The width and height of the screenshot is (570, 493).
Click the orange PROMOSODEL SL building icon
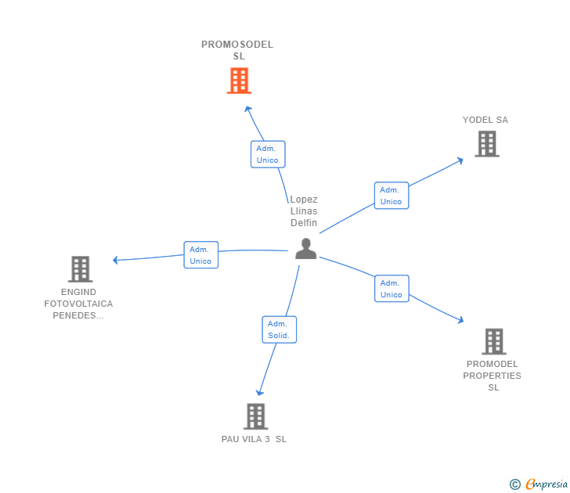click(239, 81)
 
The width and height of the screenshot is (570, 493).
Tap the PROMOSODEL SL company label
click(237, 50)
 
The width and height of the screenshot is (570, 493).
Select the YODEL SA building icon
click(487, 144)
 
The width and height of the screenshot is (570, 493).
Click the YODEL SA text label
click(485, 120)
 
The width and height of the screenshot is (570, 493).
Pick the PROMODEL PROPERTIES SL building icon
click(493, 341)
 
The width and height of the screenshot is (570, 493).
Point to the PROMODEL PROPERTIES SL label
click(492, 376)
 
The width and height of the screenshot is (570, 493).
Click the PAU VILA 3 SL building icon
click(255, 416)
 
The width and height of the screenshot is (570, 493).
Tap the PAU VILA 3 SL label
click(254, 439)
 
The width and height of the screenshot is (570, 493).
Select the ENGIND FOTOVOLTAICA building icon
click(80, 269)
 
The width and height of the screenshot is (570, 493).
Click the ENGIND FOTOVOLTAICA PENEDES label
click(78, 304)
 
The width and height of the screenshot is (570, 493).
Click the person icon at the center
click(305, 249)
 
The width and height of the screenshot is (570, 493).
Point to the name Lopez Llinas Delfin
click(304, 211)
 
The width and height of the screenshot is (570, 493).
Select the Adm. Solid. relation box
click(279, 329)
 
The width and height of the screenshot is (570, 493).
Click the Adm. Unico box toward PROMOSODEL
click(268, 154)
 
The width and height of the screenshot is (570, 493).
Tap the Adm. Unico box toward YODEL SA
click(391, 196)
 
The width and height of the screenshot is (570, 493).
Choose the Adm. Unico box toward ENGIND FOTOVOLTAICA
click(200, 255)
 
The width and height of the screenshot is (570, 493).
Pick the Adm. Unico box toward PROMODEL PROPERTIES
click(391, 289)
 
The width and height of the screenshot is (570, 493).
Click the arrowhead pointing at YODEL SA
click(460, 160)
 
